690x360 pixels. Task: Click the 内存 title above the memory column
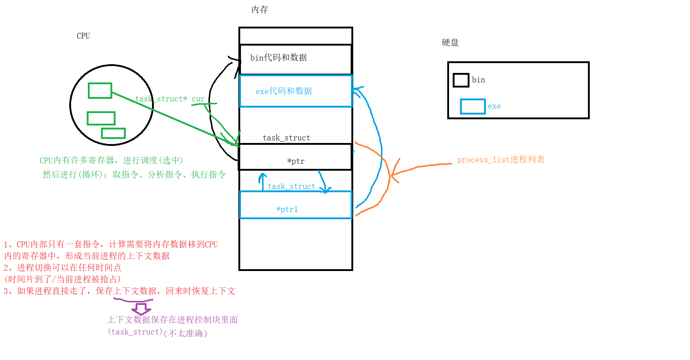click(260, 10)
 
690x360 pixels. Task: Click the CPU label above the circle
click(83, 36)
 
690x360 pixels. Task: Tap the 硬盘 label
click(450, 43)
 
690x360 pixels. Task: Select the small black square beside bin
click(461, 80)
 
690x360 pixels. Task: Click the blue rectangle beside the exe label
click(472, 107)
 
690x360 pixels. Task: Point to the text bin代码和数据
click(278, 58)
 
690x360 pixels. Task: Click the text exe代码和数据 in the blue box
click(284, 91)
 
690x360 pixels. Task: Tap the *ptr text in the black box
click(296, 161)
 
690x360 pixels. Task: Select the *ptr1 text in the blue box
click(287, 209)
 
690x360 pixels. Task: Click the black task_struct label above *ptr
click(286, 138)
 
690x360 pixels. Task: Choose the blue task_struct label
click(291, 186)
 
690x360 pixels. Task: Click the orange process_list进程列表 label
click(500, 159)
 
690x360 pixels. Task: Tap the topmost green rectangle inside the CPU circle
click(100, 90)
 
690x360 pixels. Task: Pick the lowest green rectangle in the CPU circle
click(113, 133)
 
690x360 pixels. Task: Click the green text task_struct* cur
click(170, 99)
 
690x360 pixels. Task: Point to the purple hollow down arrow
click(141, 309)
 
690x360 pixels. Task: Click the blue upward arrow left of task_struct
click(262, 182)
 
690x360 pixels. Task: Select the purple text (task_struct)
click(135, 332)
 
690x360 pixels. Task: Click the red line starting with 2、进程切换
click(62, 268)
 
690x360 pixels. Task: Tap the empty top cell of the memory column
click(296, 36)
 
